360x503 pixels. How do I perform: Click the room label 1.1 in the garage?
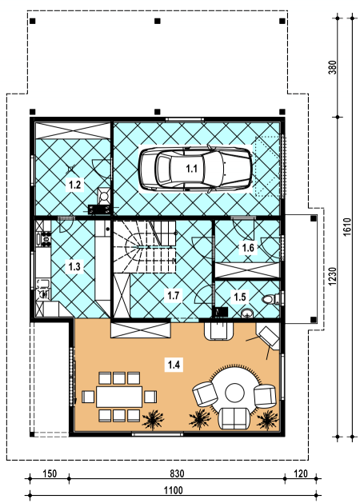point(191,169)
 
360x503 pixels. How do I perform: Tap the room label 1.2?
point(74,185)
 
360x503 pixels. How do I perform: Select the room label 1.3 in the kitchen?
point(74,266)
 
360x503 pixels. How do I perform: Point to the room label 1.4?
point(174,365)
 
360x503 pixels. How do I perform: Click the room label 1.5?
point(240,297)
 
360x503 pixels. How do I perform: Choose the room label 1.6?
point(248,248)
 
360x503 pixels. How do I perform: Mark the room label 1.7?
point(174,295)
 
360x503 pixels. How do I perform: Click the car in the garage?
point(195,169)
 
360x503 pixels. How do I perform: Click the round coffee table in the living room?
point(234,393)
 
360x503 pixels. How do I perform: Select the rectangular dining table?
point(119,397)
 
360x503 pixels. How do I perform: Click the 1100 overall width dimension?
point(174,490)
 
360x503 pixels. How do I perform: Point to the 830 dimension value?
point(177,473)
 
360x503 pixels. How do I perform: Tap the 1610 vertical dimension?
point(347,227)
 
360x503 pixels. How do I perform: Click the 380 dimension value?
point(333,67)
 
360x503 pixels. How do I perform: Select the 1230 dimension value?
point(333,277)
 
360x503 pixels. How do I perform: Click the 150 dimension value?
point(50,473)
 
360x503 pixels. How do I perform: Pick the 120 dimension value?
point(301,473)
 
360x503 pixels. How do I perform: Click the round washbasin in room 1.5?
point(247,313)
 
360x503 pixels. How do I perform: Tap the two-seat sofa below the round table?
point(234,418)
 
